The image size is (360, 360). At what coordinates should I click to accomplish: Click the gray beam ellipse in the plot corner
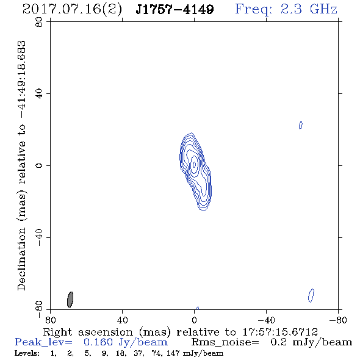(x=70, y=300)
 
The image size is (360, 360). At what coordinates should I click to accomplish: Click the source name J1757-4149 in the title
(x=175, y=10)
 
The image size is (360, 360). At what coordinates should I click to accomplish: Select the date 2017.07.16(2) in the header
(x=72, y=10)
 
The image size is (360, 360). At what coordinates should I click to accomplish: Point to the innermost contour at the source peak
(x=195, y=164)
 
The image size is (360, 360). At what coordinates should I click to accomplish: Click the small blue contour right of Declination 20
(x=301, y=125)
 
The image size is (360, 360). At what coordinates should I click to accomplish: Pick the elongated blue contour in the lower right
(x=311, y=295)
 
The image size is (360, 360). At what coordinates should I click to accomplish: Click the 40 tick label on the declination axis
(x=39, y=94)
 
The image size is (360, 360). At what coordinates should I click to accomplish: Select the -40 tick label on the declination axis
(x=39, y=237)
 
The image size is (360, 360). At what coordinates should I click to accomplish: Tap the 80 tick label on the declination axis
(x=39, y=22)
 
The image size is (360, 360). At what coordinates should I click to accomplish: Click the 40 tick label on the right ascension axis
(x=122, y=320)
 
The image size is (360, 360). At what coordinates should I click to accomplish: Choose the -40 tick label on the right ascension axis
(x=266, y=320)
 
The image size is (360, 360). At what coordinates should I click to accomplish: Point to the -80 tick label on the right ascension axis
(x=338, y=320)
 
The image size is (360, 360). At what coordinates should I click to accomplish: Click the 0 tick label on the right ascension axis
(x=194, y=320)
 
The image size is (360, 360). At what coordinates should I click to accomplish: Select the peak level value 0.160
(x=98, y=342)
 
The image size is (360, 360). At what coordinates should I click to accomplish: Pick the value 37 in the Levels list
(x=139, y=353)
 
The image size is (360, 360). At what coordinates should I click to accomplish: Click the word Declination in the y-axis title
(x=21, y=259)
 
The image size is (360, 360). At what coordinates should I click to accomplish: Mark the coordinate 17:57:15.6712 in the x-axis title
(x=280, y=332)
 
